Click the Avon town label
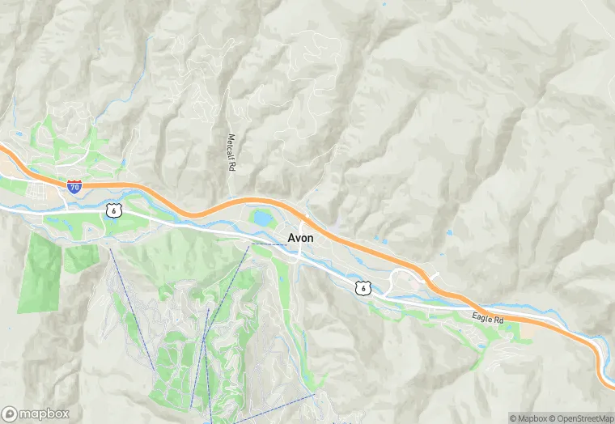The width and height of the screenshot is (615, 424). pos(301,238)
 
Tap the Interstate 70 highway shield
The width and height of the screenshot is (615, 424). pos(74,187)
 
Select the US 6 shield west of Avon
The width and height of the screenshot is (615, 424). pos(112,210)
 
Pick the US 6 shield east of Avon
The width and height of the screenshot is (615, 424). pos(365,288)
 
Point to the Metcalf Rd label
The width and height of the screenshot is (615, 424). pos(231,152)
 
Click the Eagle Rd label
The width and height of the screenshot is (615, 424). pos(488,318)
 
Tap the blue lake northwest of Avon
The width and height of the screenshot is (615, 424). pos(262,218)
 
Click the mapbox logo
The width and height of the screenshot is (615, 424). pos(36,413)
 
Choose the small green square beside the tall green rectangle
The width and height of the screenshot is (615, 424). pos(82,258)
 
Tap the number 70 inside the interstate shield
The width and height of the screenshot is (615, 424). pos(74,188)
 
